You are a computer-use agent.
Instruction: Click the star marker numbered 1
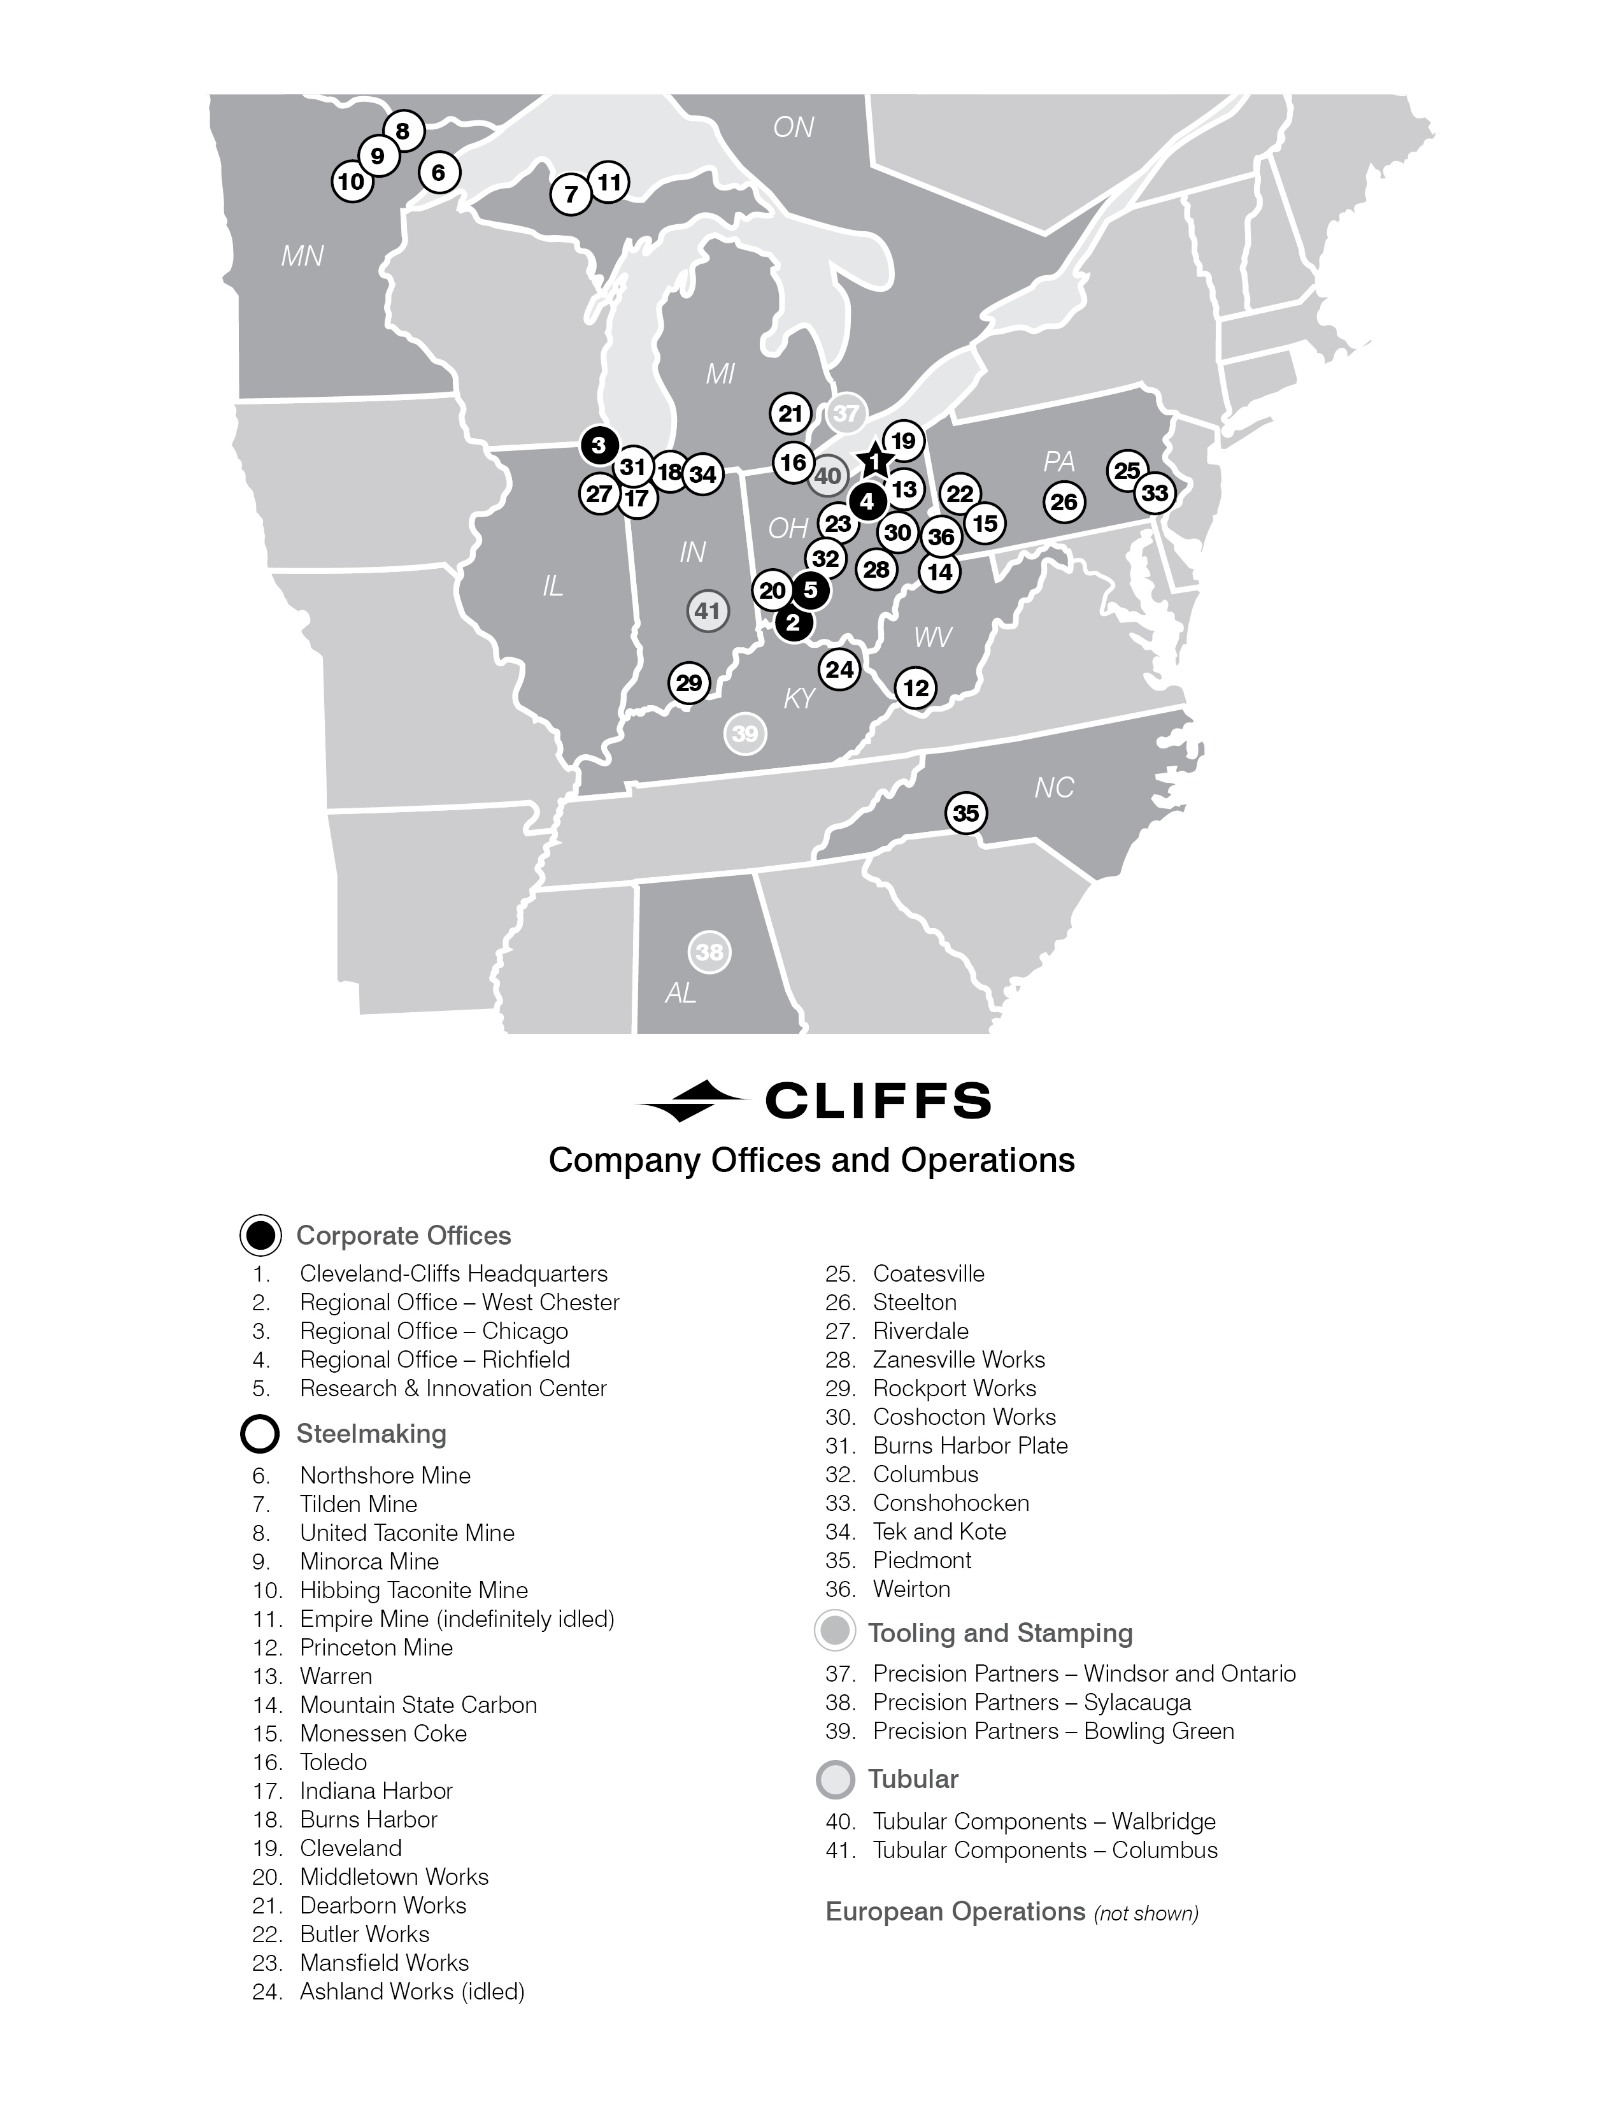pos(874,462)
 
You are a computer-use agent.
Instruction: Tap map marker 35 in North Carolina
pos(966,813)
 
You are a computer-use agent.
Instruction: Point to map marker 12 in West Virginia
pos(916,687)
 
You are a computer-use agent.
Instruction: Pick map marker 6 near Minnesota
pos(439,173)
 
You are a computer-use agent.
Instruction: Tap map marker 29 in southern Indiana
pos(689,683)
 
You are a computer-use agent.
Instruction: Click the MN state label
pos(302,256)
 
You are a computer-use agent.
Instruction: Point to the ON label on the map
pos(794,127)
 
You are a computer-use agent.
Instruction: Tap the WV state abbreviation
pos(932,636)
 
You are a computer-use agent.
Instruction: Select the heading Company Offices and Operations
pos(811,1161)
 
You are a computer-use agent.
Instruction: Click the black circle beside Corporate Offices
pos(260,1236)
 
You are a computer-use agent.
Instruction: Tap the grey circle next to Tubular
pos(835,1780)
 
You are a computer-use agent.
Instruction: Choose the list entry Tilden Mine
pos(358,1505)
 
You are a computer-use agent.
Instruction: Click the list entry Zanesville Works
pos(958,1360)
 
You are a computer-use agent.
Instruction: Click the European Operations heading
pos(955,1912)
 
